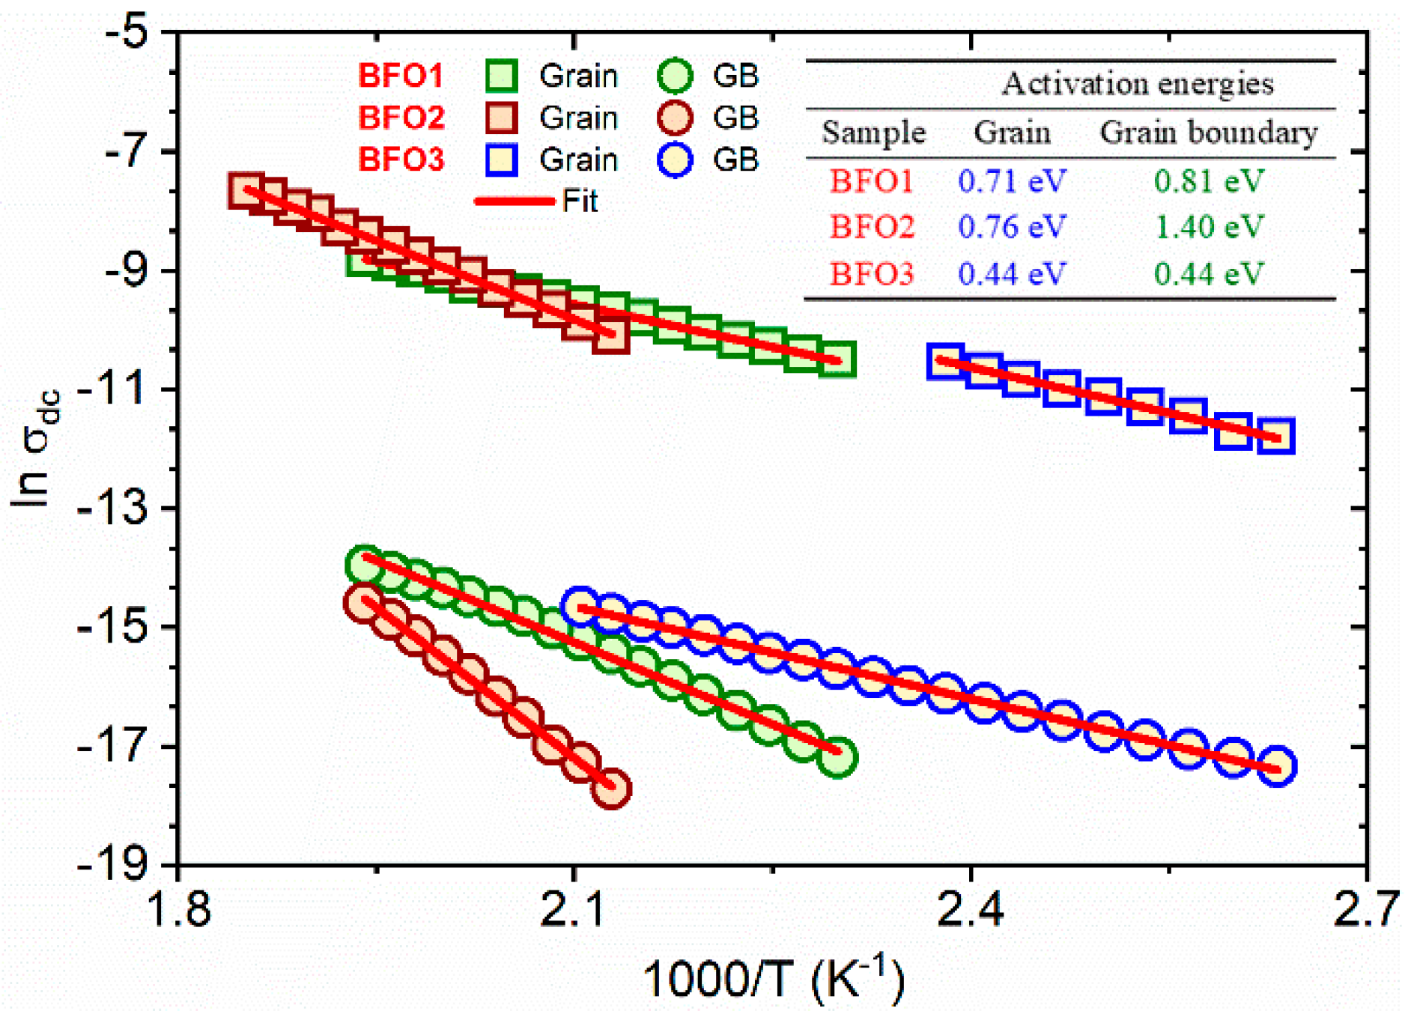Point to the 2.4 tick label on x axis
971,909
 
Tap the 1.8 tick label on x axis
180,909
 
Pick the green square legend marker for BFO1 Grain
501,76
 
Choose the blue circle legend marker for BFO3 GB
675,160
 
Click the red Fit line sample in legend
515,201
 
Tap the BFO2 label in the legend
401,118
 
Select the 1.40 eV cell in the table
1209,227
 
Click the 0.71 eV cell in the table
1012,181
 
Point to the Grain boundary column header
1208,133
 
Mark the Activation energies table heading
1138,83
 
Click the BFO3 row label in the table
872,273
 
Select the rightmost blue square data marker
1276,436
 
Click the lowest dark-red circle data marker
611,788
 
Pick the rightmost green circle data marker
837,756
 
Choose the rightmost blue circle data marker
1276,766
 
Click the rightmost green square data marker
837,359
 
